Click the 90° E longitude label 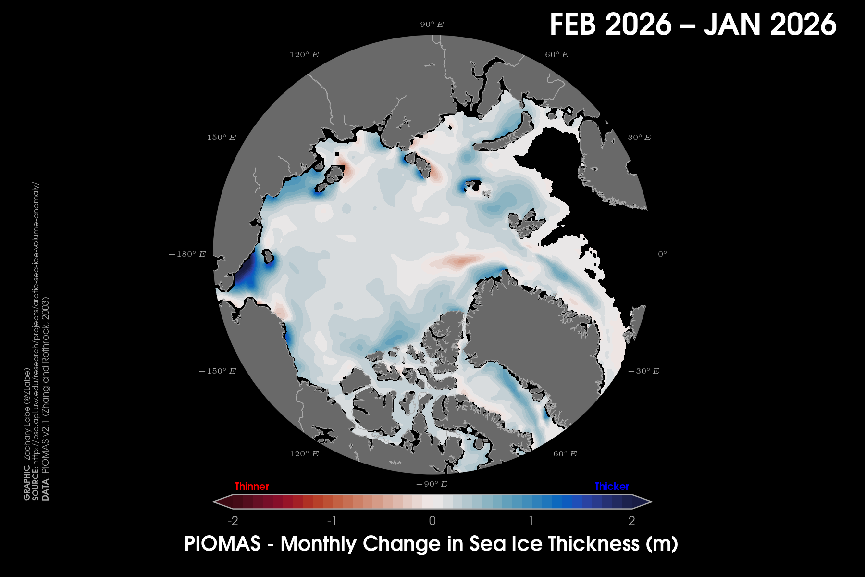[x=432, y=25]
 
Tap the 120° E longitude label [x=304, y=55]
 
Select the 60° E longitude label [x=556, y=55]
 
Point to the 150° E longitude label [x=222, y=138]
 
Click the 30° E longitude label [x=639, y=138]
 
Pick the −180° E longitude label [x=187, y=254]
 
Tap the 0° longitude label [x=662, y=254]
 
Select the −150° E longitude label [x=217, y=371]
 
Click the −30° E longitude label [x=644, y=371]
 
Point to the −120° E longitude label [x=300, y=454]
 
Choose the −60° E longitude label [x=561, y=454]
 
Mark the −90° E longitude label [x=432, y=484]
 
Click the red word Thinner [x=252, y=487]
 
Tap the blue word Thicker [x=612, y=487]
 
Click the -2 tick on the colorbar [x=233, y=521]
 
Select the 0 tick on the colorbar [x=432, y=521]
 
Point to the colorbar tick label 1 [x=531, y=521]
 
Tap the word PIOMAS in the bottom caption [x=222, y=544]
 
